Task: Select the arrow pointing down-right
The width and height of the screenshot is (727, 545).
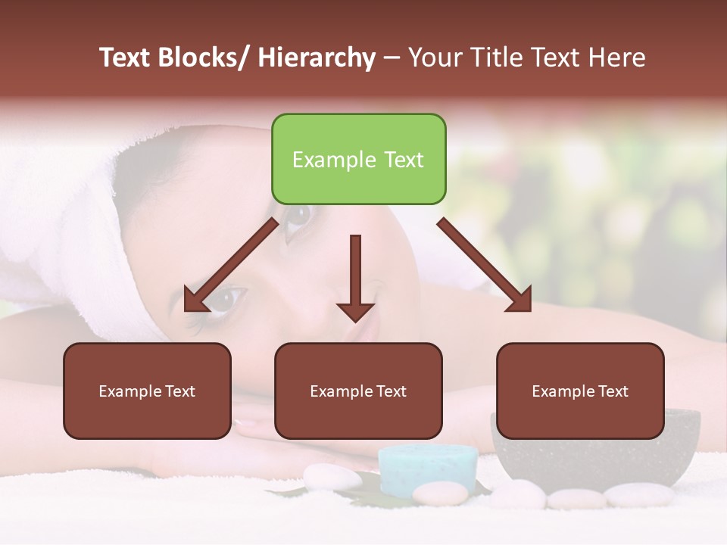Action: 485,265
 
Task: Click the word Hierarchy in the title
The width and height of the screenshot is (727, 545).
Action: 317,58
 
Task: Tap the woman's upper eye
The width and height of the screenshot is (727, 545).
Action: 297,216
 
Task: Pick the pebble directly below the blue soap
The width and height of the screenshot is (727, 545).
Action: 440,494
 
